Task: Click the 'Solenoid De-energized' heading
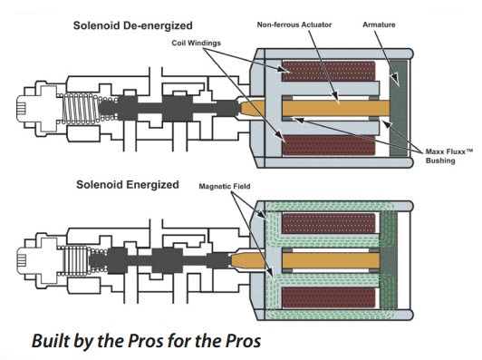[x=133, y=25]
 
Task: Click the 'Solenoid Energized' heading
[x=128, y=185]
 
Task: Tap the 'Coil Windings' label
[x=196, y=43]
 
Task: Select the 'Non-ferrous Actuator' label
[x=294, y=24]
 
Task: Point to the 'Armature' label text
[x=379, y=24]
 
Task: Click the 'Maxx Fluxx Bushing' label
[x=448, y=156]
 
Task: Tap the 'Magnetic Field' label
[x=225, y=186]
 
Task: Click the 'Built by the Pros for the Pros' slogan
[x=147, y=341]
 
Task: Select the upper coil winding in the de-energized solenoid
[x=329, y=71]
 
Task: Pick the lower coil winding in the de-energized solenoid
[x=329, y=145]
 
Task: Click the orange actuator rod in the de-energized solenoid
[x=315, y=108]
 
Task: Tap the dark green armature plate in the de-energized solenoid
[x=399, y=108]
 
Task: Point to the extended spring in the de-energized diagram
[x=81, y=109]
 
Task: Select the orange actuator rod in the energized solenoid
[x=305, y=260]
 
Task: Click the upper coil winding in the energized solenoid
[x=329, y=223]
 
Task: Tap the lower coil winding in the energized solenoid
[x=329, y=297]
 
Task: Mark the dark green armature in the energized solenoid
[x=389, y=260]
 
